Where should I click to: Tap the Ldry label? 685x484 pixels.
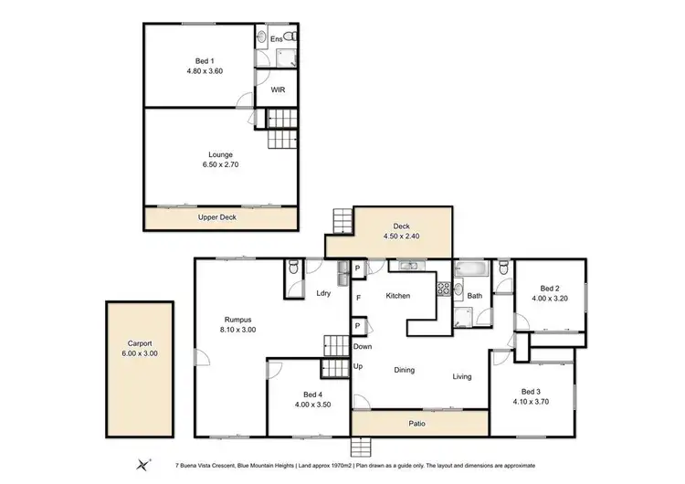(322, 293)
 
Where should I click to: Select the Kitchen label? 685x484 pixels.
(397, 296)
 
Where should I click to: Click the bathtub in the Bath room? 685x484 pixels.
(471, 269)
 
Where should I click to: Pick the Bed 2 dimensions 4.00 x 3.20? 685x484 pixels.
(550, 298)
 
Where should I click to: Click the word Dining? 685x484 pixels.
(404, 370)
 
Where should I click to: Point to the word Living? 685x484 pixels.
(462, 375)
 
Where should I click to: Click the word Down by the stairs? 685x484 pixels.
(363, 347)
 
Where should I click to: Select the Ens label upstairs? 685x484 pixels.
(276, 40)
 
